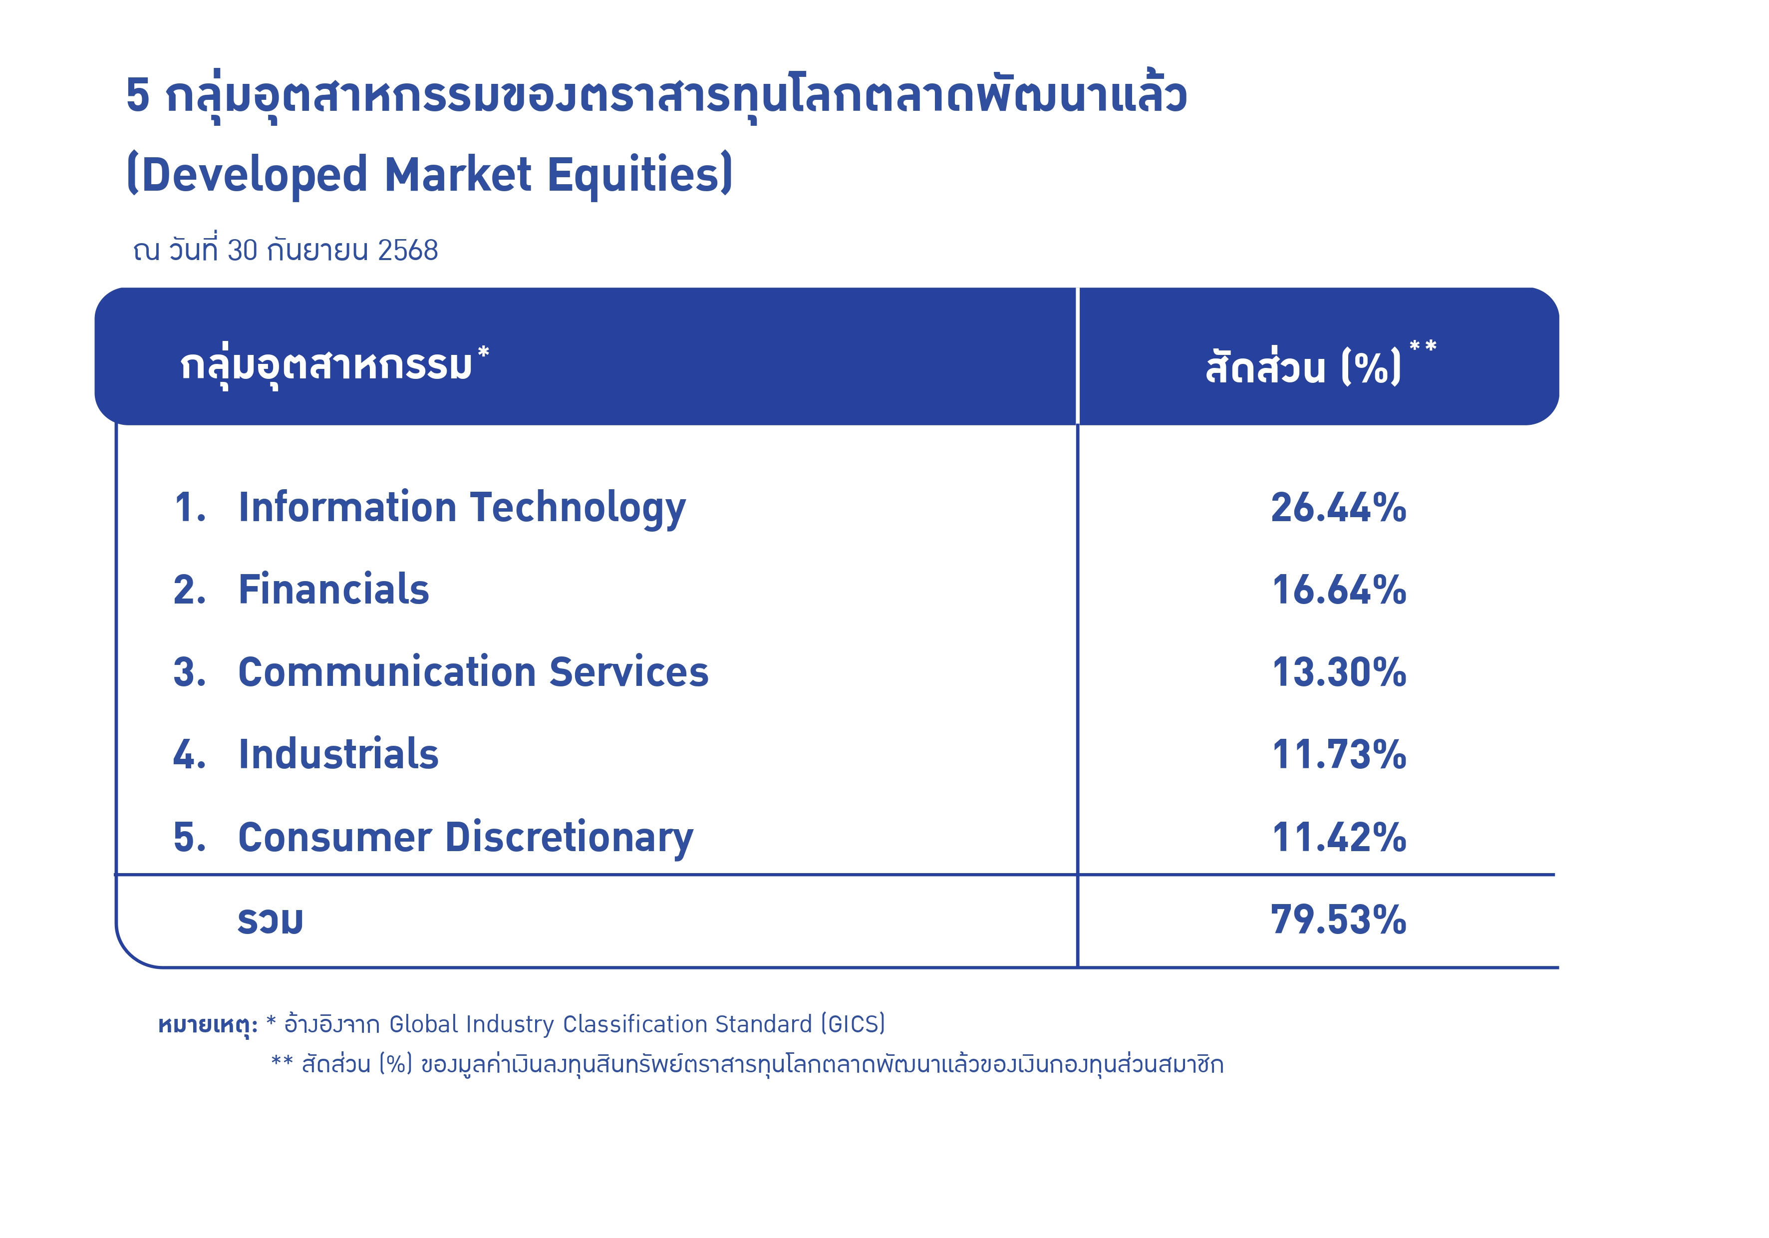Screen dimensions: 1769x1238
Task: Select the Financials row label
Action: coord(333,590)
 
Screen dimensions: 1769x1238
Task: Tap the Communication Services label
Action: coord(473,672)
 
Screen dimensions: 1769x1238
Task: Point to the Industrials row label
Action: coord(338,754)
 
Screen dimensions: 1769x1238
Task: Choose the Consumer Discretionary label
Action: coord(465,838)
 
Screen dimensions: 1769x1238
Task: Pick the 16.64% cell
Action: coord(1338,590)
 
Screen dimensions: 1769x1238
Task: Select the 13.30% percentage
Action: coord(1338,672)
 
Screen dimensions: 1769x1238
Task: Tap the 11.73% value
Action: coord(1338,755)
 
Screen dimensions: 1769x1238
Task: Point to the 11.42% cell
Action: coord(1338,838)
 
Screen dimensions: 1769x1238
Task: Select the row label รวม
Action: coord(271,921)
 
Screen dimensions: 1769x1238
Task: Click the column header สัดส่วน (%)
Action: coord(1304,365)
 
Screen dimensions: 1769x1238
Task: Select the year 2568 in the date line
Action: coord(408,251)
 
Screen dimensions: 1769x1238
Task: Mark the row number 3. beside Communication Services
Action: coord(190,672)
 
